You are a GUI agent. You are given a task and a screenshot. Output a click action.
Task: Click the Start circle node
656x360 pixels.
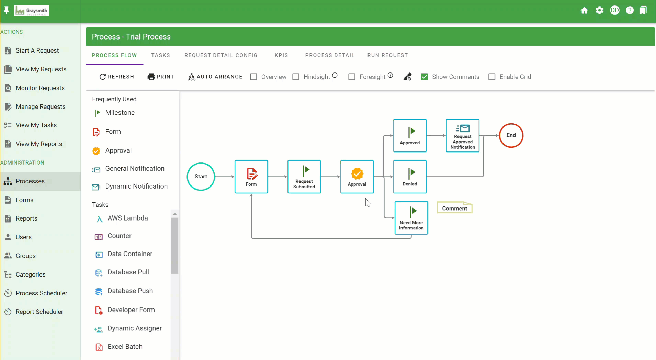coord(201,177)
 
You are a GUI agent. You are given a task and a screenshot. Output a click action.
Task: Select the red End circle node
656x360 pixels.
coord(511,135)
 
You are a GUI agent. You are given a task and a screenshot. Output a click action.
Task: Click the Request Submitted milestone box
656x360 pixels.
coord(304,177)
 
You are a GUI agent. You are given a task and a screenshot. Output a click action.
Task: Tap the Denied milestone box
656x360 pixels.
coord(410,177)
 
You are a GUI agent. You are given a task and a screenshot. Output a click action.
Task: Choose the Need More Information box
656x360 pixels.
coord(411,218)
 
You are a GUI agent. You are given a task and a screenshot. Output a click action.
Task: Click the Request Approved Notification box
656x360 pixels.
coord(463,135)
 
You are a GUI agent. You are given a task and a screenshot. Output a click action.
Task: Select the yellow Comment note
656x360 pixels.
coord(454,207)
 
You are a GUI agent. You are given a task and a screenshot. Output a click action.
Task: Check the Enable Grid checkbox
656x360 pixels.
coord(492,77)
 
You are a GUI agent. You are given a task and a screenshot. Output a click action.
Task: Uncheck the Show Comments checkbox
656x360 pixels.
coord(425,77)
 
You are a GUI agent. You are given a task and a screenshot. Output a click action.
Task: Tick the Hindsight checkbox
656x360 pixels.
coord(296,77)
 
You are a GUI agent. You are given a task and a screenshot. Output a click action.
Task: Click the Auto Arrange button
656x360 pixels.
coord(215,77)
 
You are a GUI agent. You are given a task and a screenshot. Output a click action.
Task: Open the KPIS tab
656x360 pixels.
coord(281,55)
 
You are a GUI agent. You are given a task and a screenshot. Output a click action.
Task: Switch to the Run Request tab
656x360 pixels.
coord(387,55)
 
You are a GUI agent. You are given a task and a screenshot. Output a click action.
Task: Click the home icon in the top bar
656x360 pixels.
coord(584,10)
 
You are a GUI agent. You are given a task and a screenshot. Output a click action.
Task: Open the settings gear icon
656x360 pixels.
coord(599,10)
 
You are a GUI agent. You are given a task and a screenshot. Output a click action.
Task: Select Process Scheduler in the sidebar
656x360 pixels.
coord(42,293)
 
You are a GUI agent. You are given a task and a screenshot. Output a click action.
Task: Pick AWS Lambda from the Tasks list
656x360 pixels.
coord(128,218)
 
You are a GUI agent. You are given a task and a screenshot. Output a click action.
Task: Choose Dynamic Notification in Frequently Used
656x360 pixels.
coord(136,186)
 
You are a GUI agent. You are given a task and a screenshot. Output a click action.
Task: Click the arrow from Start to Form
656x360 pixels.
coord(225,177)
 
